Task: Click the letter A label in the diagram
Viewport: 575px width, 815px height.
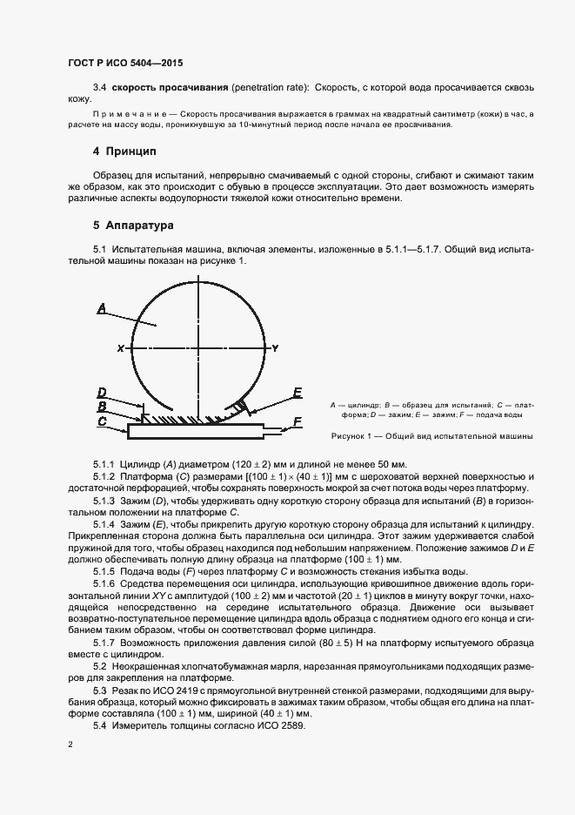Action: point(102,308)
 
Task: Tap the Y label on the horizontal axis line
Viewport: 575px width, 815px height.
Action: point(275,348)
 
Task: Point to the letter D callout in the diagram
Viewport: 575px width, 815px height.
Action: point(102,392)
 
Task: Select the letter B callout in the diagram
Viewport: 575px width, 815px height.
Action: point(102,406)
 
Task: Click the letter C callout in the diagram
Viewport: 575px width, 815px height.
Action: point(102,421)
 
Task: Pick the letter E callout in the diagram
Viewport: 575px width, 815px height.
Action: point(297,394)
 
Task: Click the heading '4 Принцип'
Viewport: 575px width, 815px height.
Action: point(124,152)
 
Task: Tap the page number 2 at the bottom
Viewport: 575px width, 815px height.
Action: point(70,744)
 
